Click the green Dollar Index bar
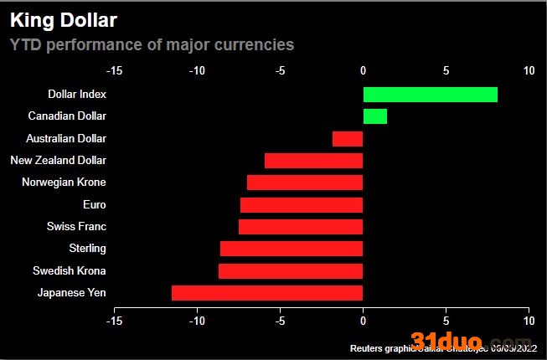point(430,94)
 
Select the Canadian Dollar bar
point(374,116)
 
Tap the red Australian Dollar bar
point(348,138)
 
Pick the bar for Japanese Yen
point(267,292)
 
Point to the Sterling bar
point(292,249)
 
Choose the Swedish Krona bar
point(291,270)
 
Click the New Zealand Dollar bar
point(313,161)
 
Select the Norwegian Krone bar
point(305,183)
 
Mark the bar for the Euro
point(302,204)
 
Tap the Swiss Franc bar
point(301,226)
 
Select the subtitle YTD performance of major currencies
point(152,44)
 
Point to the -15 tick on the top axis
point(115,71)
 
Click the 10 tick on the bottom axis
point(528,321)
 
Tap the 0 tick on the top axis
point(363,71)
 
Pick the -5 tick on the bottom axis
point(280,321)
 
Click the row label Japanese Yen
point(72,292)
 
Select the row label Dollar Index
point(77,94)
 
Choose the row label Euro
point(95,204)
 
